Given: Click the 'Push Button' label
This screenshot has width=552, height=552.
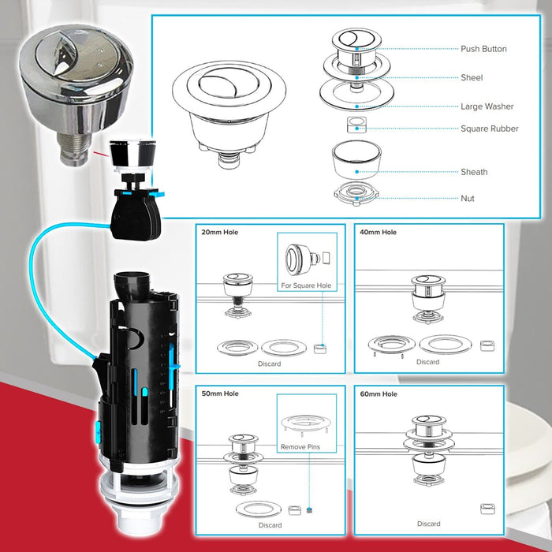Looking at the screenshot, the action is [483, 49].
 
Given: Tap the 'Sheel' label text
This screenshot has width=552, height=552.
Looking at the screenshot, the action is [472, 77].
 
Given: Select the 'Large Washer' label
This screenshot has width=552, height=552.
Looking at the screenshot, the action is [487, 106].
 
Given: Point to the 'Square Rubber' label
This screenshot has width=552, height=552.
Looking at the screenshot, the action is [490, 129].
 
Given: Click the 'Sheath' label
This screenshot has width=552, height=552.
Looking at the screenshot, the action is [474, 172].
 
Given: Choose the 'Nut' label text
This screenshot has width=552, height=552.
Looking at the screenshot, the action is [468, 198].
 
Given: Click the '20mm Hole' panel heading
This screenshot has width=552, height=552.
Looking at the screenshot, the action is [220, 232].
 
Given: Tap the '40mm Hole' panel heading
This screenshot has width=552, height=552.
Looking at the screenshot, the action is [378, 232].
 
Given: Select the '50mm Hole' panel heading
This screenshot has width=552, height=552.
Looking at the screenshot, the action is [220, 393].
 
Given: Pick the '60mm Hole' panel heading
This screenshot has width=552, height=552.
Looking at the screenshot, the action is [379, 394].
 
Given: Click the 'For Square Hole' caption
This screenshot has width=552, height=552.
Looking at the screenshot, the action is [306, 285].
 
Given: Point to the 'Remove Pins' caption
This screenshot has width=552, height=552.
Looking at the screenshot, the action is [300, 447].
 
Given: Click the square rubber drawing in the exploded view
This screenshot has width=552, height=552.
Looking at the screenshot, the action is [356, 125].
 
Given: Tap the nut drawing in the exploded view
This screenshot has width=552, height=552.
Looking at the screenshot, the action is [356, 194].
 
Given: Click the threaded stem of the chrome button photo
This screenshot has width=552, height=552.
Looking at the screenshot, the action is [73, 149].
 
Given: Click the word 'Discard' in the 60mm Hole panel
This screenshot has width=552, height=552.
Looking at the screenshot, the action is [428, 524].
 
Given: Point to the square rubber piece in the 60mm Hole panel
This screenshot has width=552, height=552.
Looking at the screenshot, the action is [487, 509].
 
